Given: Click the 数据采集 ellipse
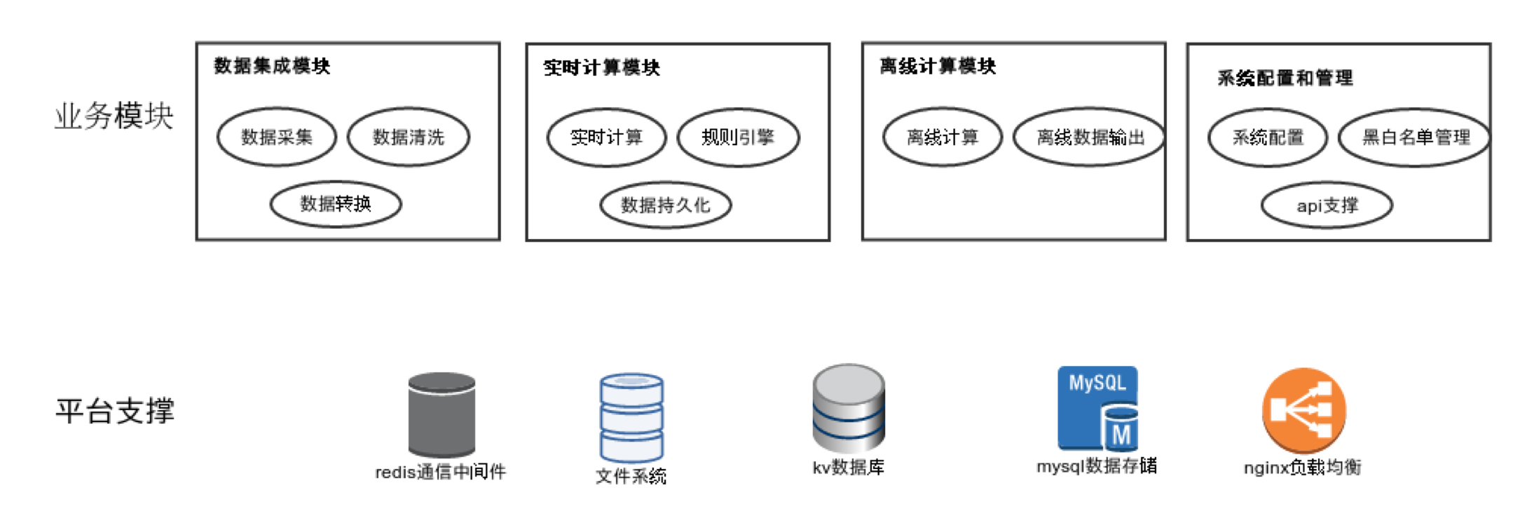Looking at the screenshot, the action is (277, 137).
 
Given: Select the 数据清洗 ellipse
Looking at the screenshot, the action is (409, 137).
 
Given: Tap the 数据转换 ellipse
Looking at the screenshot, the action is (336, 204).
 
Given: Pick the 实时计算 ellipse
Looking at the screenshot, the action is (606, 137).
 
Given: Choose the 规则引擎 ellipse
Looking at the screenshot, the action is (738, 137).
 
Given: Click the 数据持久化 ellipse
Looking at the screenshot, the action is (666, 205).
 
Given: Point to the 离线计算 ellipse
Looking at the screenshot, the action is (942, 137).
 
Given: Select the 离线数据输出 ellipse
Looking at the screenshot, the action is (1090, 137).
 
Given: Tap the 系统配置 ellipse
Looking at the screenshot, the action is (1268, 137).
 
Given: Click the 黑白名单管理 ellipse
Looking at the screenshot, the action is (1415, 137).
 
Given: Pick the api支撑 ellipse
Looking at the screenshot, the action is (1327, 205).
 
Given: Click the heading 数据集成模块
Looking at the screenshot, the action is (272, 66).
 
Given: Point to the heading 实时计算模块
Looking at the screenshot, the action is (601, 67).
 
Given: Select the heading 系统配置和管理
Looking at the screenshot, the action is (1285, 78).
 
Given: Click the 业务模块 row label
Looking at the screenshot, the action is (114, 116).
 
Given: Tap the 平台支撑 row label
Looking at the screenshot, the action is (115, 411).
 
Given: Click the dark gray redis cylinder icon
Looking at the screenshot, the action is (441, 414).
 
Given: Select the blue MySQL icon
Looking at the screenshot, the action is (1097, 409).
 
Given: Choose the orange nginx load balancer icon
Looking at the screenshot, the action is (1303, 410).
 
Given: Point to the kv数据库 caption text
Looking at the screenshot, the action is (848, 468).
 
